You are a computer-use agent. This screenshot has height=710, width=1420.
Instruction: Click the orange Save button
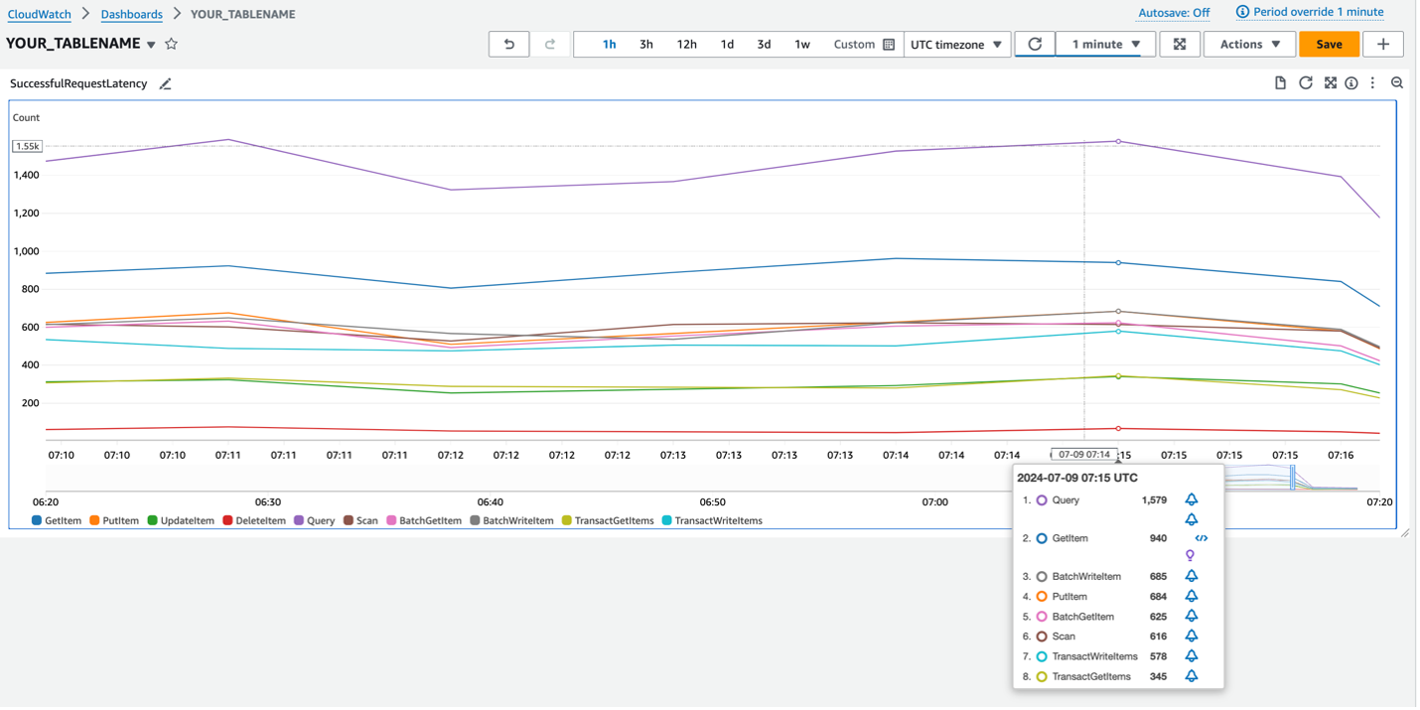[1329, 45]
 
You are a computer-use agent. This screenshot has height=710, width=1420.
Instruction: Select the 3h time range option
[645, 45]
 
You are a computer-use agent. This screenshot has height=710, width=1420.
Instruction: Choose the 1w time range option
[801, 45]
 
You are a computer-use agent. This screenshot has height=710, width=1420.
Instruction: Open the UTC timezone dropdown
[956, 45]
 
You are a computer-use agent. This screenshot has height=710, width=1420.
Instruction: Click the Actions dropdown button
[1249, 45]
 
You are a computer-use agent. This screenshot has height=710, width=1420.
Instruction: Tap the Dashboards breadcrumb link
[131, 15]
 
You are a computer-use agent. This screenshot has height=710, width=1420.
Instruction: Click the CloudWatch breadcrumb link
[40, 15]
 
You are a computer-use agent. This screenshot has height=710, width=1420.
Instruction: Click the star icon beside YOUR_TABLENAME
[171, 45]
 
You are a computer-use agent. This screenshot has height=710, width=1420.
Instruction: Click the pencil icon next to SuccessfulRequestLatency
[166, 84]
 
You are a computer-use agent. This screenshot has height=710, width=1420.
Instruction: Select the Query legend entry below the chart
[315, 520]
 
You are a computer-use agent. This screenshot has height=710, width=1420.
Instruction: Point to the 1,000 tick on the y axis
[26, 251]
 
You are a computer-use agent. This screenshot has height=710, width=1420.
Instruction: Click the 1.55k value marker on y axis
[27, 146]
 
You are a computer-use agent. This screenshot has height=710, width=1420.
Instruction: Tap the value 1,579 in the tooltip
[1154, 500]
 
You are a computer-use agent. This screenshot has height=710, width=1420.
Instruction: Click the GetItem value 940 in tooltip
[1158, 538]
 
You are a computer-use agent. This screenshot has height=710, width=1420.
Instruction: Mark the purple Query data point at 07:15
[1118, 141]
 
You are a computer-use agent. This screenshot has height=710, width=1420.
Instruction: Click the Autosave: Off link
[1174, 13]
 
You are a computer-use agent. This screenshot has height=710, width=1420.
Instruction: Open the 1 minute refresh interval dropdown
[1105, 45]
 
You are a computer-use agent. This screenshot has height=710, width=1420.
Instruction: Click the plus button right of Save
[1382, 45]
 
